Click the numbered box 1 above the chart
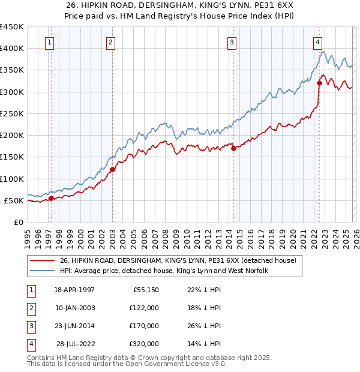[49, 42]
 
